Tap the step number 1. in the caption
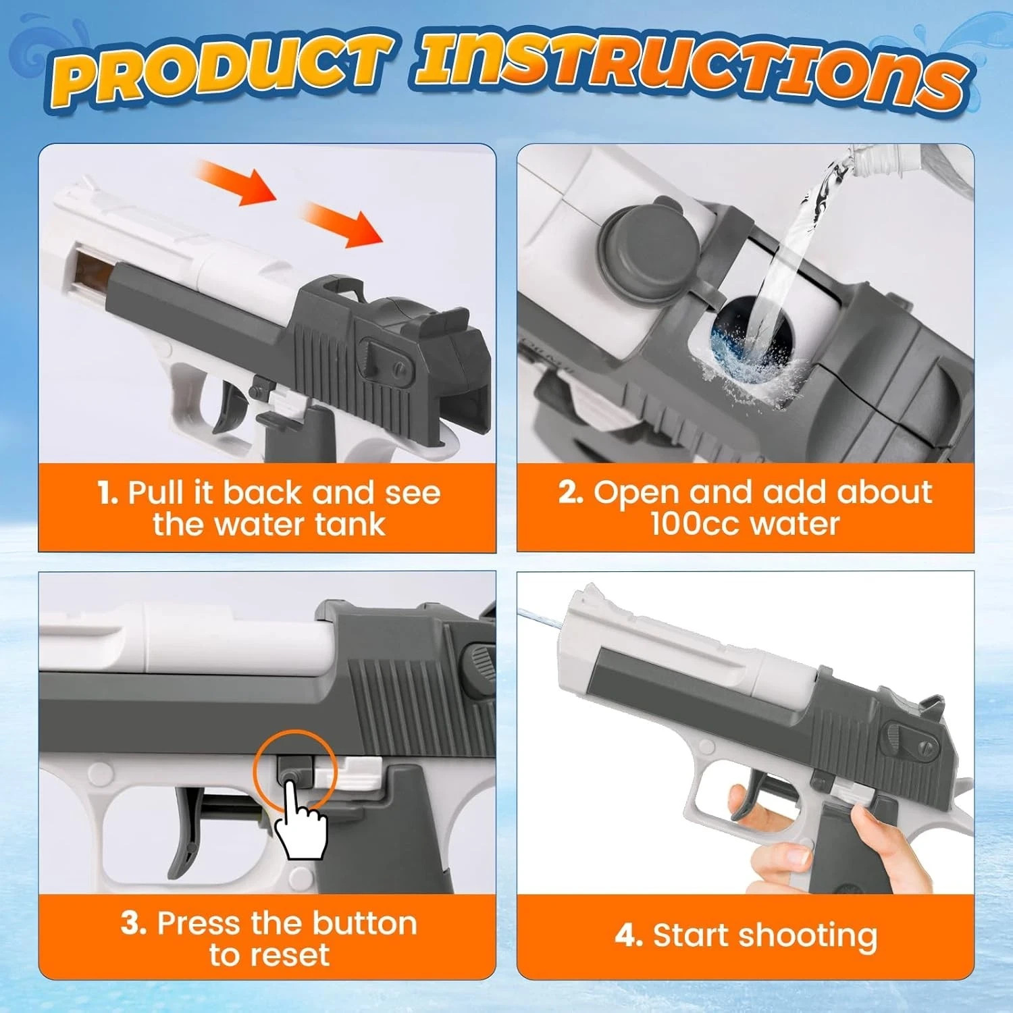click(x=108, y=492)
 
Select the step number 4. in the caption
click(x=629, y=936)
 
